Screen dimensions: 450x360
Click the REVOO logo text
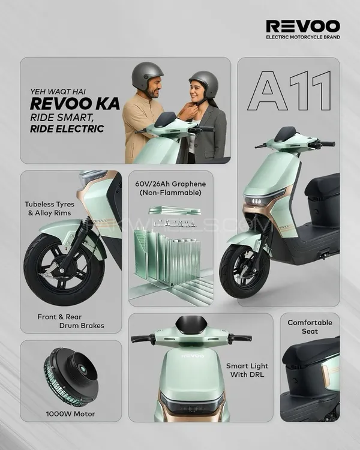(x=303, y=26)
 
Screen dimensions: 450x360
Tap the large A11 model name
(x=289, y=92)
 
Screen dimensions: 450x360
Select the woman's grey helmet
(x=203, y=82)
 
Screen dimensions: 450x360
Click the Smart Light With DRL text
(x=247, y=370)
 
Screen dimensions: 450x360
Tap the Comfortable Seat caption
(x=309, y=327)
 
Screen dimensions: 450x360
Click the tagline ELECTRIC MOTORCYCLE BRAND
(x=303, y=37)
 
